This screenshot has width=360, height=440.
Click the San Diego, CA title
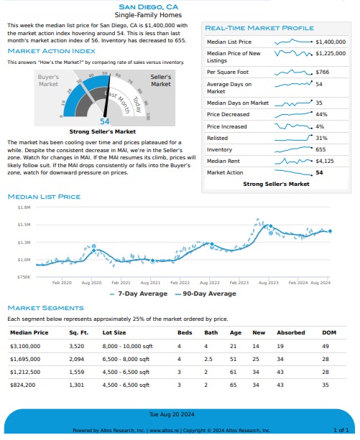click(x=148, y=7)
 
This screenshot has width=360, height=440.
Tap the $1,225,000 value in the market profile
click(x=331, y=53)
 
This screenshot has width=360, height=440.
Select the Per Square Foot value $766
click(x=322, y=72)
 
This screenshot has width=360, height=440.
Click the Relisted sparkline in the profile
click(x=293, y=138)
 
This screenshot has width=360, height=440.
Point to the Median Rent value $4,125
click(x=325, y=161)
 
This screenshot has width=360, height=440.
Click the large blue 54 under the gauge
click(x=104, y=121)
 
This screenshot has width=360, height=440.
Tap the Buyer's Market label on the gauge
click(x=48, y=80)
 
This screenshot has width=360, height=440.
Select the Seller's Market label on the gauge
click(x=161, y=80)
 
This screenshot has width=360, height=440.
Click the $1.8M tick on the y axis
click(x=24, y=207)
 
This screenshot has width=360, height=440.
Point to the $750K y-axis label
click(x=24, y=277)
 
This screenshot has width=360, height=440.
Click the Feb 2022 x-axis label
click(x=180, y=283)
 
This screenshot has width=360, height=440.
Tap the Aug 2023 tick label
click(x=269, y=283)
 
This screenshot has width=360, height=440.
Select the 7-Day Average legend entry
click(x=139, y=294)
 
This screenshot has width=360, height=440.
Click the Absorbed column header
click(x=290, y=332)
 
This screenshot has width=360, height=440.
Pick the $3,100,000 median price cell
click(x=25, y=346)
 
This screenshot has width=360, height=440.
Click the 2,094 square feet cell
click(x=77, y=359)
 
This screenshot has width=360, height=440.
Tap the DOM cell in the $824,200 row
click(x=326, y=385)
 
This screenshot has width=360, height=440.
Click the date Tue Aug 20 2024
click(x=172, y=414)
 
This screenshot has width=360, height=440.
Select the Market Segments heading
click(x=46, y=308)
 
